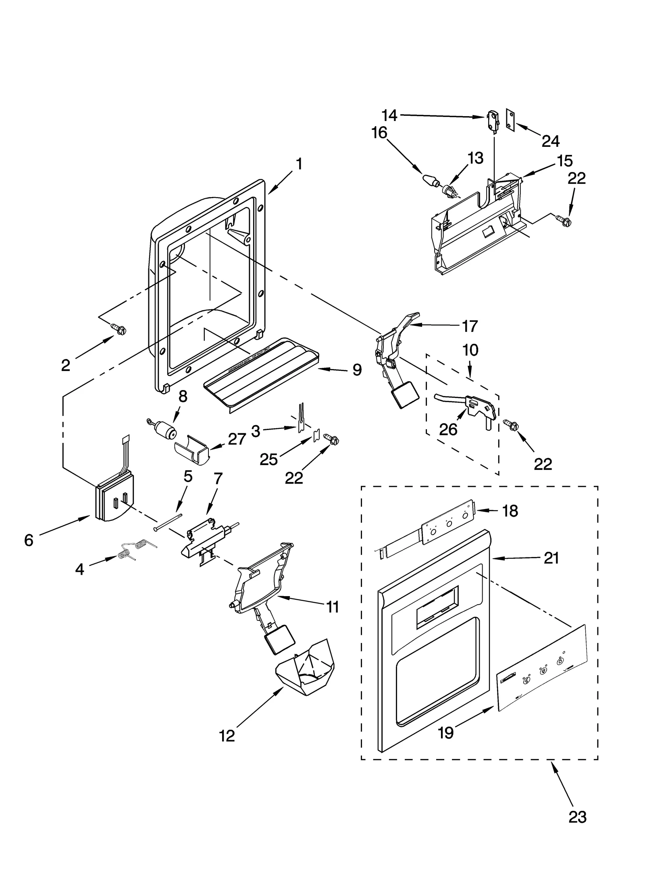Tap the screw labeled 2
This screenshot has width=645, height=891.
tap(119, 330)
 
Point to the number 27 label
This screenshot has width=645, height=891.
tap(237, 438)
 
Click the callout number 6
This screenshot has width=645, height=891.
tap(28, 540)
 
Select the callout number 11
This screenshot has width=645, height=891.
tap(333, 618)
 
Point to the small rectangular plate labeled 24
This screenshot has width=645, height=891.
tap(510, 119)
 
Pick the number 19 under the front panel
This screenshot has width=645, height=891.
tap(446, 732)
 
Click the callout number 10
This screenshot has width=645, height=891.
tap(470, 350)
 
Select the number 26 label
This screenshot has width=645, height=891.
tap(448, 430)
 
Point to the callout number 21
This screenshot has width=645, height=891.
tap(551, 558)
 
